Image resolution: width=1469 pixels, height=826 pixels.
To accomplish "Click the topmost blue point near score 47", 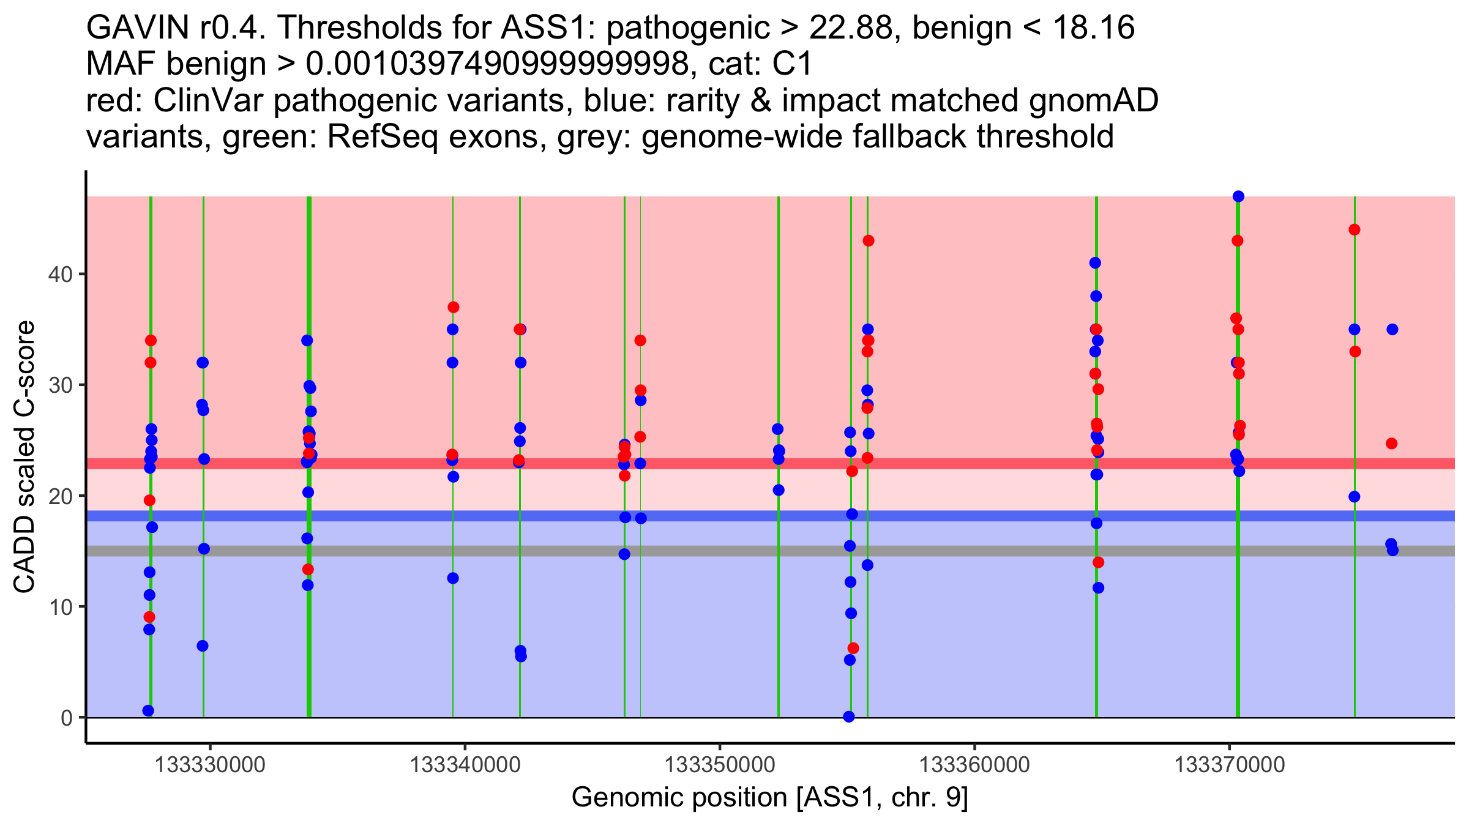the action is [x=1238, y=196].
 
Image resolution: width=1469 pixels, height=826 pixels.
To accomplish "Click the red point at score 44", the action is [x=1355, y=230].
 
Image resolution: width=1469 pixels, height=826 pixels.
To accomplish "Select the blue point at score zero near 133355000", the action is [x=849, y=716].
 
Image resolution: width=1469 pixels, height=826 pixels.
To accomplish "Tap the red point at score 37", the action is [x=453, y=307].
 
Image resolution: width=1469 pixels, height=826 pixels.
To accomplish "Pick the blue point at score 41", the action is [x=1095, y=263].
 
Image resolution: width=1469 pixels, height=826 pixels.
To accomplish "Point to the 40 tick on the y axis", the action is [x=82, y=274].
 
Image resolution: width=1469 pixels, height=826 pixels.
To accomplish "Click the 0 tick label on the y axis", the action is [x=67, y=718].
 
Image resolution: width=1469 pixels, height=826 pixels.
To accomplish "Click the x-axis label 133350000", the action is [x=720, y=765].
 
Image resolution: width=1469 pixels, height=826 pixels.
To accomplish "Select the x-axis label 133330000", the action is [x=210, y=765].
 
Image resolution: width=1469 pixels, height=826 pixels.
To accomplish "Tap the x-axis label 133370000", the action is [x=1230, y=765].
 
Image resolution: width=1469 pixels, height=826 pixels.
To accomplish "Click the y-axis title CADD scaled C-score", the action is [x=24, y=457].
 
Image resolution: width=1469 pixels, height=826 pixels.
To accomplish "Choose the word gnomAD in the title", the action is [x=1093, y=101].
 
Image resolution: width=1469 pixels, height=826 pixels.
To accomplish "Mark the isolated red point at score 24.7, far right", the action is [x=1392, y=444].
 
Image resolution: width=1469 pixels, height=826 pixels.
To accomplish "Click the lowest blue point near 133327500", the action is [x=148, y=710].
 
